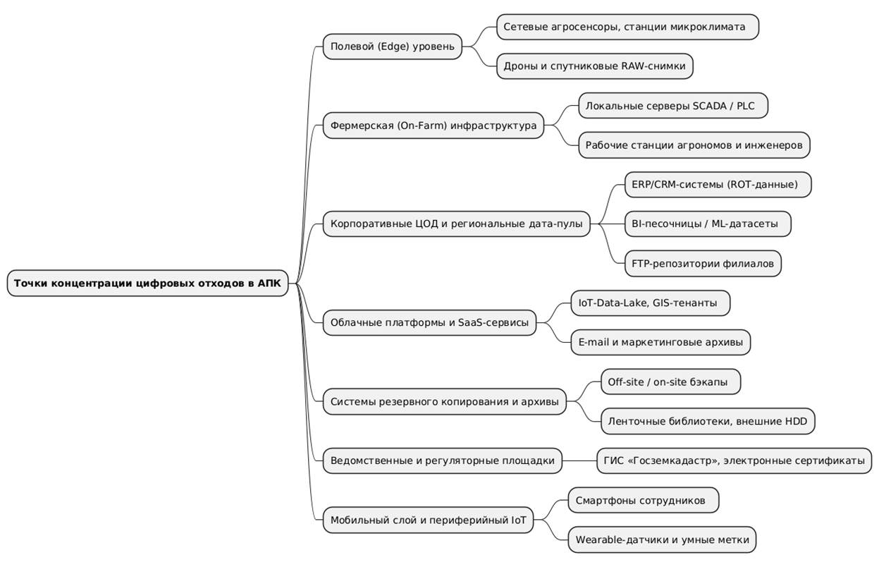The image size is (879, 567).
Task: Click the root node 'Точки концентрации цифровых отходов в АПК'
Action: (x=147, y=283)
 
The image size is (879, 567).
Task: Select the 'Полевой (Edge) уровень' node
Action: (x=393, y=47)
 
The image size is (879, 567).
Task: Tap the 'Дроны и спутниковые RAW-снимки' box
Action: (x=594, y=66)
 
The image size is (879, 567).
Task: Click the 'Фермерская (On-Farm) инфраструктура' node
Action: (x=434, y=126)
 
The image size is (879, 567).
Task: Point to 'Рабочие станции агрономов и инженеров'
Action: (x=694, y=145)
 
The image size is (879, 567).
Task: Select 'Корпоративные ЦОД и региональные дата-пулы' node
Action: (x=456, y=224)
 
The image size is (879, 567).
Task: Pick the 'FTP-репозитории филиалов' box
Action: (x=703, y=264)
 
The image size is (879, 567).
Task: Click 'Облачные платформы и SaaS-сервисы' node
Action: (x=429, y=323)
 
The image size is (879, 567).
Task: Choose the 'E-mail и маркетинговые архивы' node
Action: (x=660, y=343)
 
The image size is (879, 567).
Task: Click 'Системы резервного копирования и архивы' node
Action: (x=444, y=402)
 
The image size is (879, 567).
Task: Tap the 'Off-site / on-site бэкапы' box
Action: (x=670, y=382)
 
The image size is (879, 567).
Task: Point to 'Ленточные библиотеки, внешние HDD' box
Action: (x=708, y=422)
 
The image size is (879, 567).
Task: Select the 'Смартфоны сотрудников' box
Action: (x=643, y=501)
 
